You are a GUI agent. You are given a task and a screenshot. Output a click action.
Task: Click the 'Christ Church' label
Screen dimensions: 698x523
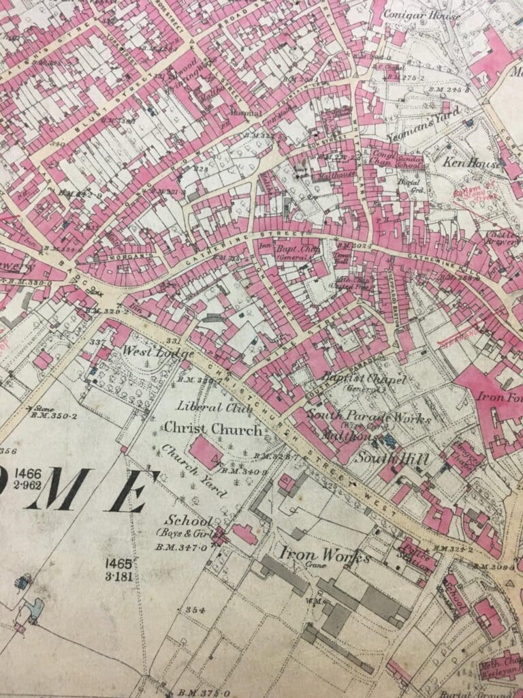point(211,430)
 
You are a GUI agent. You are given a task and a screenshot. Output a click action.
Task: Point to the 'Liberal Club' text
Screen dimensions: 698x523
point(205,407)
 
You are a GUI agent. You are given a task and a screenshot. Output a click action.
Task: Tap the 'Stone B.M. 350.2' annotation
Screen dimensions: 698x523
point(48,413)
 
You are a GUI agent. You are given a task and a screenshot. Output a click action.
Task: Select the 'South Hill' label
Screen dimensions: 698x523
point(394,459)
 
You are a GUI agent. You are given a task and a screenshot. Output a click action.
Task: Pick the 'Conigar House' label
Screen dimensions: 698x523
point(422,14)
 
